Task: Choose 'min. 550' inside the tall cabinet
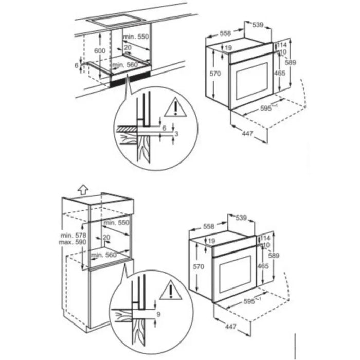[116, 222]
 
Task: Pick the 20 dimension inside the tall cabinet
[107, 237]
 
